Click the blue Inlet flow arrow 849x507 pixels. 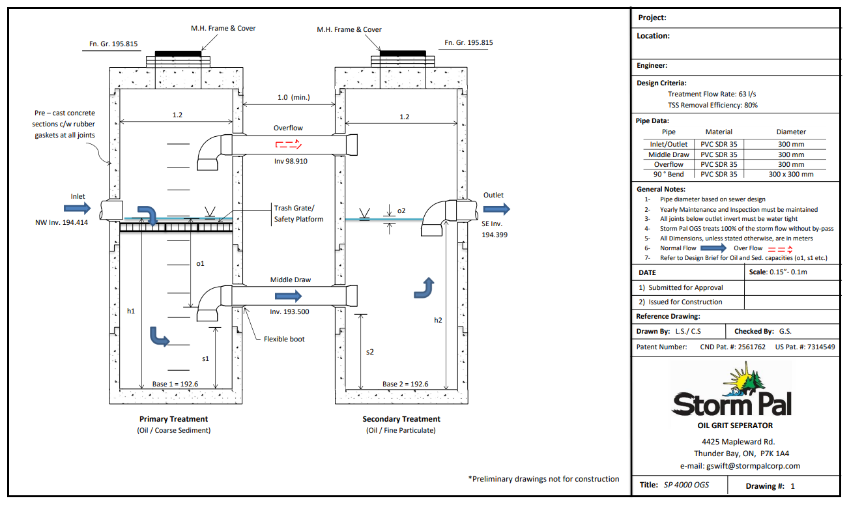click(78, 208)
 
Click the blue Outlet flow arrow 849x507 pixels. click(496, 209)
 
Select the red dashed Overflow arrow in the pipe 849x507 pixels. click(289, 144)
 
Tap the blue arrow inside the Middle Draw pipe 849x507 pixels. click(288, 296)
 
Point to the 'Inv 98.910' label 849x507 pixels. click(291, 161)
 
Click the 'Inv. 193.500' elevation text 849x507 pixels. click(289, 311)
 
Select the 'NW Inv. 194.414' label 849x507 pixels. click(61, 223)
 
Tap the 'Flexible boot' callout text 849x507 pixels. click(284, 339)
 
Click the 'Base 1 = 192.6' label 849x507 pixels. click(175, 384)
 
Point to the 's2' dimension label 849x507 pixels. click(370, 352)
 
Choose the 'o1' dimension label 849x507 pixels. click(200, 263)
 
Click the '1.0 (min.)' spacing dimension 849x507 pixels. click(293, 98)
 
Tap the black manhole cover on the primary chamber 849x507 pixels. click(178, 53)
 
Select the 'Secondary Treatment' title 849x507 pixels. click(401, 419)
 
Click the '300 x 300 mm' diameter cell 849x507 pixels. click(791, 175)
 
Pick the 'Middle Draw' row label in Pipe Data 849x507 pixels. click(669, 154)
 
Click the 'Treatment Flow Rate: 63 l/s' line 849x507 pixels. click(712, 94)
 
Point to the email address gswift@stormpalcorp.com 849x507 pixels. click(740, 466)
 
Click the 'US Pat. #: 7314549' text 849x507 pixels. click(805, 347)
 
